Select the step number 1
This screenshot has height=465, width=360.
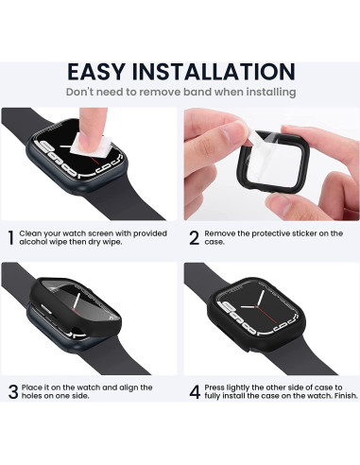[x=11, y=238]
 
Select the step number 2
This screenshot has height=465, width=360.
[x=194, y=238]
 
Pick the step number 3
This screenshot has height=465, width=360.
[x=12, y=390]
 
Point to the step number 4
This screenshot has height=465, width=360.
[x=194, y=390]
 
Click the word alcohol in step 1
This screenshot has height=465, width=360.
[x=40, y=244]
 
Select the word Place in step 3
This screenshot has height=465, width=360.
[x=36, y=386]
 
